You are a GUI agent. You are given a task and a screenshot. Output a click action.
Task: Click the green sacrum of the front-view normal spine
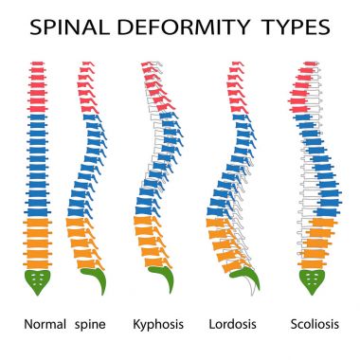(x=38, y=280)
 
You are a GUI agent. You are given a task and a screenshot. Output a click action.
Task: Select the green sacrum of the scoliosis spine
(x=313, y=280)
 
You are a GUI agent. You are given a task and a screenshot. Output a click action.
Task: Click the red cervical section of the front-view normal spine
(x=38, y=87)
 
